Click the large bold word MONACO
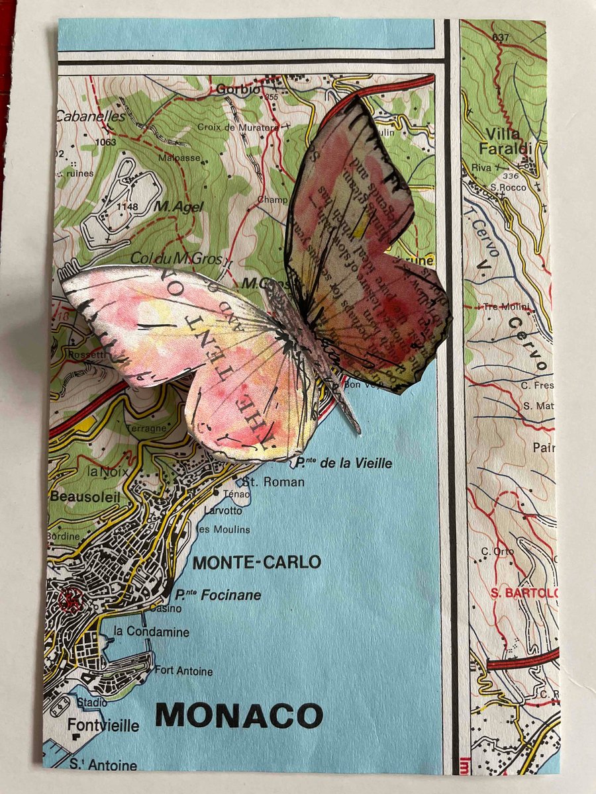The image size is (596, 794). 239,715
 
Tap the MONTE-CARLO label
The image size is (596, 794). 256,563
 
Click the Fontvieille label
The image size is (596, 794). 103,726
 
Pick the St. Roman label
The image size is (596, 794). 274,481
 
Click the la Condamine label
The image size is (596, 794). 152,631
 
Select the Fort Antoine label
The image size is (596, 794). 183,671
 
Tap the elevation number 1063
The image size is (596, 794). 105,142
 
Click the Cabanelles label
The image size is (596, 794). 89,116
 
